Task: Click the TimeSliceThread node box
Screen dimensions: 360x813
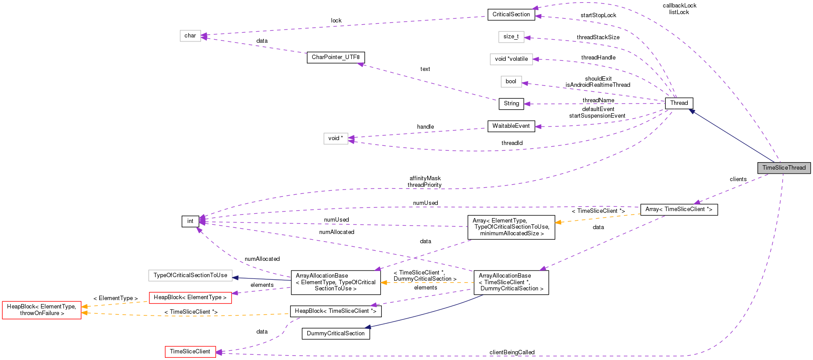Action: coord(783,168)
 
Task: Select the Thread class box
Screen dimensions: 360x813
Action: coord(679,103)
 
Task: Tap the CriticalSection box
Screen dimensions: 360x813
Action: coord(511,15)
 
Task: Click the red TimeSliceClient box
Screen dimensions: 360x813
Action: coord(190,352)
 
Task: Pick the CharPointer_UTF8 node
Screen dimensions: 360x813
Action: coord(336,57)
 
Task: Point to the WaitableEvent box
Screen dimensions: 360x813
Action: coord(511,126)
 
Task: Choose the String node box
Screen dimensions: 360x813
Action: coord(511,104)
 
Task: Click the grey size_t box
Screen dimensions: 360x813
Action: coord(511,37)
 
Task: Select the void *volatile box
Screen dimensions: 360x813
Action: coord(511,59)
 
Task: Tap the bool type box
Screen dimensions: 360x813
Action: coord(511,82)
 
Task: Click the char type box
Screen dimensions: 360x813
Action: coord(190,36)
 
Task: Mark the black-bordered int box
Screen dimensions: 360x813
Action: coord(190,221)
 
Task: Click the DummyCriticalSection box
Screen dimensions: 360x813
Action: coord(336,334)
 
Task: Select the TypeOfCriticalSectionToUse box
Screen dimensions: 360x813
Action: coord(190,275)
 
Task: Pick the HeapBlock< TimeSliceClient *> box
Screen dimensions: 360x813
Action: coord(336,311)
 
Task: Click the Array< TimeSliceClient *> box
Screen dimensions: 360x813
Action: coord(679,209)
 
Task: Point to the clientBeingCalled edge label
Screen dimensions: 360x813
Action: coord(512,353)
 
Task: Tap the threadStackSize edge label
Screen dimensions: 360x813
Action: coord(598,37)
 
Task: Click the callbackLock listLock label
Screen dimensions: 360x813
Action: coord(679,9)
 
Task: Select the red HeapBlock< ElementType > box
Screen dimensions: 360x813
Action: coord(190,297)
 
